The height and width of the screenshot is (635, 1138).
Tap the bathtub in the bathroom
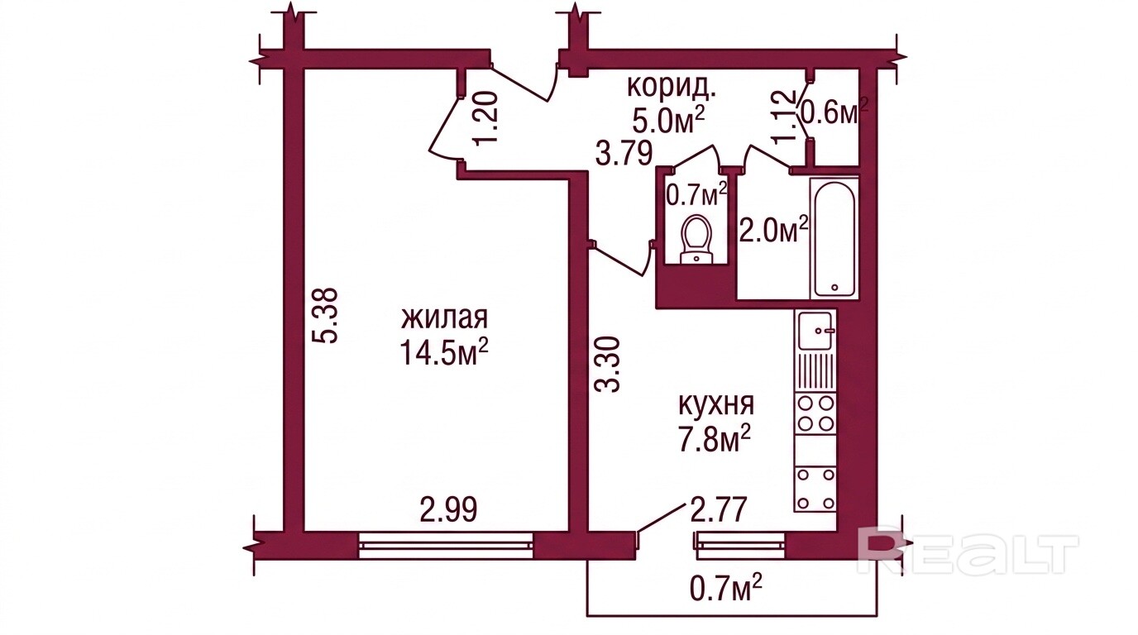(x=834, y=237)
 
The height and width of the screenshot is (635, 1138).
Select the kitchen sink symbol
(x=816, y=331)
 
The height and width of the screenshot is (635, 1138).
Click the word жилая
(x=445, y=318)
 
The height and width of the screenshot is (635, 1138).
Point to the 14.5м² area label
(x=445, y=351)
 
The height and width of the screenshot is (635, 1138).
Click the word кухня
(x=716, y=405)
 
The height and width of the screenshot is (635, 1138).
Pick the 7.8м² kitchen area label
(x=716, y=438)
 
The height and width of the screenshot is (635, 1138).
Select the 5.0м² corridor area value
(x=668, y=121)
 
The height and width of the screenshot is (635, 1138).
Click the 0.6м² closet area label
(x=834, y=112)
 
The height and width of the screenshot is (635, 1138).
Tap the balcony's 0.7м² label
(x=726, y=589)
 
